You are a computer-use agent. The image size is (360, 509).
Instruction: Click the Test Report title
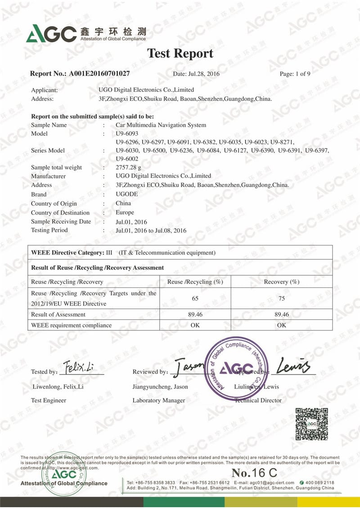[x=180, y=54]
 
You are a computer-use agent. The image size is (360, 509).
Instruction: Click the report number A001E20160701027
[x=99, y=73]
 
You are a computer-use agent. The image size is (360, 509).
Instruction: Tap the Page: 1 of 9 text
[x=295, y=74]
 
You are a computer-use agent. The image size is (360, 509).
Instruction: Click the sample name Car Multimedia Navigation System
[x=161, y=125]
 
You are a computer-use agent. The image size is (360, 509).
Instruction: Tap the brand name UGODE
[x=127, y=194]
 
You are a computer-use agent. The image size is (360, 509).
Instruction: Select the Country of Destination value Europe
[x=125, y=212]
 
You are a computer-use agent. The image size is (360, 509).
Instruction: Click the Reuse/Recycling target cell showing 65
[x=195, y=298]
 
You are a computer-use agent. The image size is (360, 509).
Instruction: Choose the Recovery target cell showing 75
[x=282, y=298]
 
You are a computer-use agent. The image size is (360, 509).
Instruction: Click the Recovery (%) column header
[x=282, y=282]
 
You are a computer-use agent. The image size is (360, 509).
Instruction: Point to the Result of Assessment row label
[x=58, y=314]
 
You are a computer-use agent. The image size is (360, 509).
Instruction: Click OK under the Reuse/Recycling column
[x=195, y=325]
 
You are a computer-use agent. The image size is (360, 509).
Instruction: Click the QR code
[x=311, y=424]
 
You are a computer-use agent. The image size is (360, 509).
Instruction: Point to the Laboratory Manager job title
[x=158, y=400]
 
